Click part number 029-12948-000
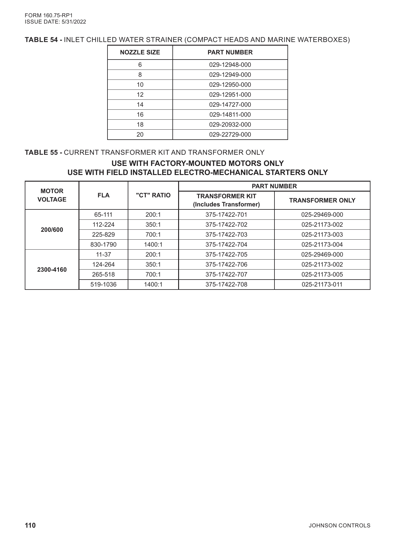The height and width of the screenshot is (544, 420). click(x=230, y=65)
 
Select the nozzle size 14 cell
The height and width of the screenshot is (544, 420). click(x=140, y=105)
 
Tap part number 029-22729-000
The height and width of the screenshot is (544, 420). click(x=230, y=134)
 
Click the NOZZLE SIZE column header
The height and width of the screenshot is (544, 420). click(x=140, y=52)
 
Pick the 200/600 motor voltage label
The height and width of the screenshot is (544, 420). click(x=52, y=230)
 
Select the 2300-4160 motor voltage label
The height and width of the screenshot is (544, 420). click(x=52, y=270)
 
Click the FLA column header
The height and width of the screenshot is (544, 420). click(x=103, y=195)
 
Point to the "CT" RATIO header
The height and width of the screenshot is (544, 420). click(x=153, y=195)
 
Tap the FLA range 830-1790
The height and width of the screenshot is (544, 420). click(x=103, y=244)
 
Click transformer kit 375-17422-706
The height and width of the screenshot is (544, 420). click(x=226, y=264)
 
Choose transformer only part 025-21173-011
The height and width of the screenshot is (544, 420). click(x=322, y=284)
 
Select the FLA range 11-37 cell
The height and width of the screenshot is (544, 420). click(x=103, y=254)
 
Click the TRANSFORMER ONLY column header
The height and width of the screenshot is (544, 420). click(x=322, y=200)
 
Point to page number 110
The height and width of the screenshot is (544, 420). click(x=30, y=525)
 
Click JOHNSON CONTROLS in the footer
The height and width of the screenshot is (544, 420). click(x=339, y=526)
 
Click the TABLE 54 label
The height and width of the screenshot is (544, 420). click(x=43, y=40)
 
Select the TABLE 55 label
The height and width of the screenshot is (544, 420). click(x=43, y=152)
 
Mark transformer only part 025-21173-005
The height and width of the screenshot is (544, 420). click(x=322, y=274)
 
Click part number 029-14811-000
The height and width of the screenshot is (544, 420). click(x=230, y=115)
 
